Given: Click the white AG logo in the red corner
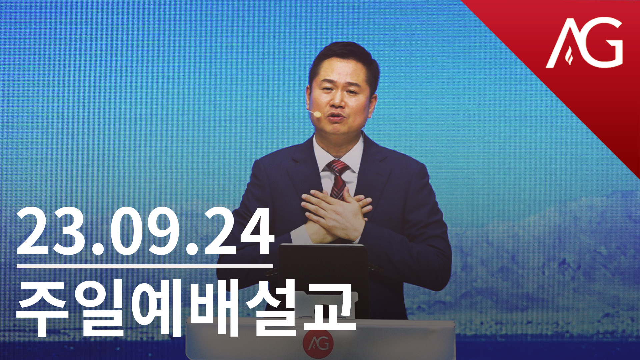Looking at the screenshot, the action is point(584,43).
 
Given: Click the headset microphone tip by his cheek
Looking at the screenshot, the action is point(317,114).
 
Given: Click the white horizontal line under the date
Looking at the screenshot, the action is point(144,266).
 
